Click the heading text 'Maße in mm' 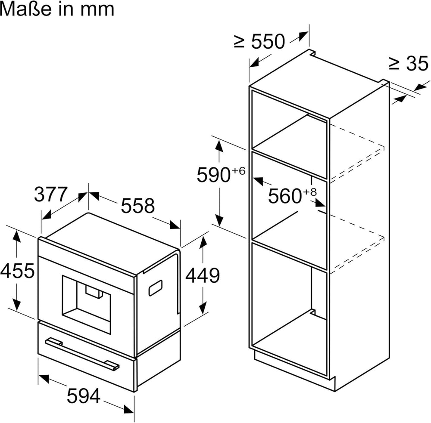[57, 9]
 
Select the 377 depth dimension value [51, 195]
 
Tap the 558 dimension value [137, 206]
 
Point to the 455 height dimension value [17, 271]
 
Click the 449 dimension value [203, 275]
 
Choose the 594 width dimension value [84, 396]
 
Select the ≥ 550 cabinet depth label [259, 42]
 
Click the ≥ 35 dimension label [409, 64]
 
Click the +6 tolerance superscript [238, 171]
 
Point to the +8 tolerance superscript [309, 192]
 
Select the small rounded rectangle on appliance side [155, 287]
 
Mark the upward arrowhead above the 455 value [17, 236]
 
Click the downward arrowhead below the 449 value [202, 308]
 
